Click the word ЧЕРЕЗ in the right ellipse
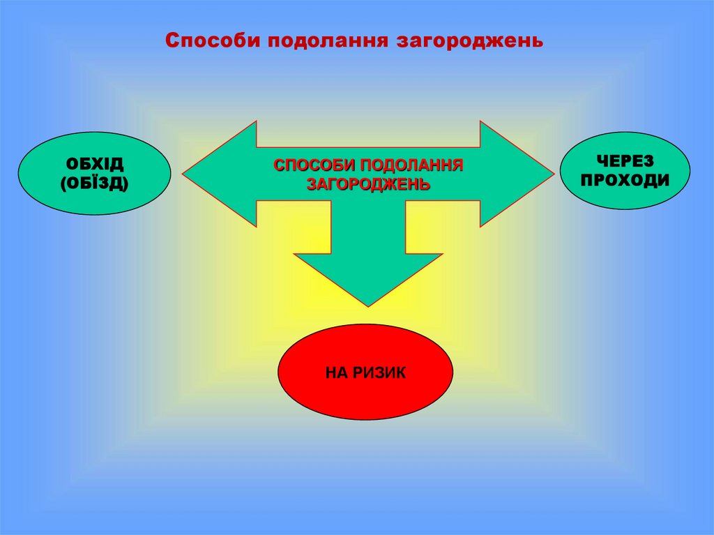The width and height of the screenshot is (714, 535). coord(625,160)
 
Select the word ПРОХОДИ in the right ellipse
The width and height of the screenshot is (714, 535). coord(625,181)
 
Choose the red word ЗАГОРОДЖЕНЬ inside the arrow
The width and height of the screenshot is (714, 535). coord(368,185)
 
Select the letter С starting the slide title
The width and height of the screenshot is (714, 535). coord(170,39)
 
